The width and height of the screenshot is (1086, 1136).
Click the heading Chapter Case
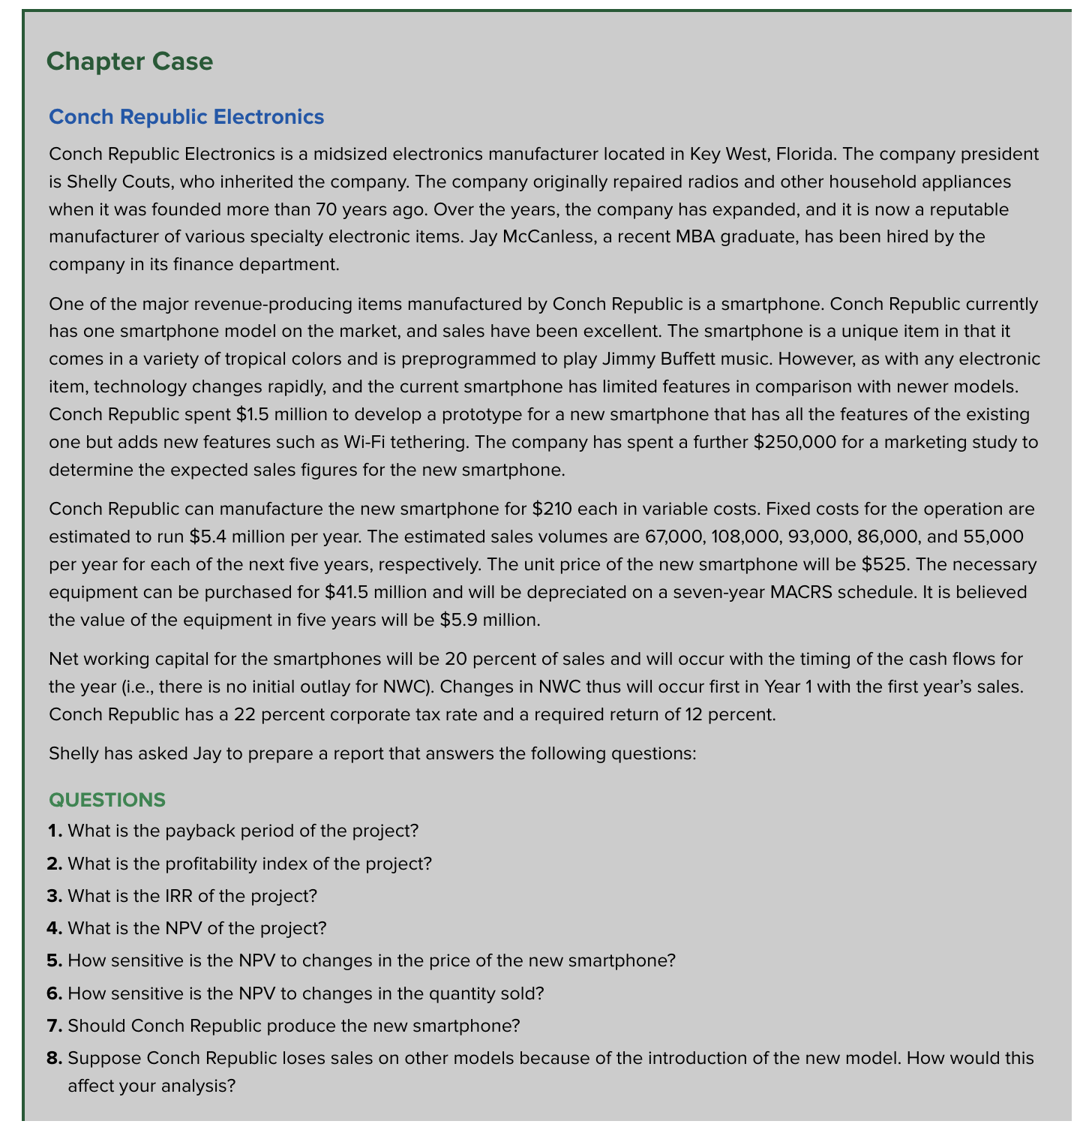[x=129, y=62]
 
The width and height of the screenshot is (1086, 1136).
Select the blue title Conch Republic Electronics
[x=186, y=117]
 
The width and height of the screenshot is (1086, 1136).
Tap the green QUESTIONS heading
[x=106, y=800]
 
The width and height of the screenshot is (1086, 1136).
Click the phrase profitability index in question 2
[x=225, y=863]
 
